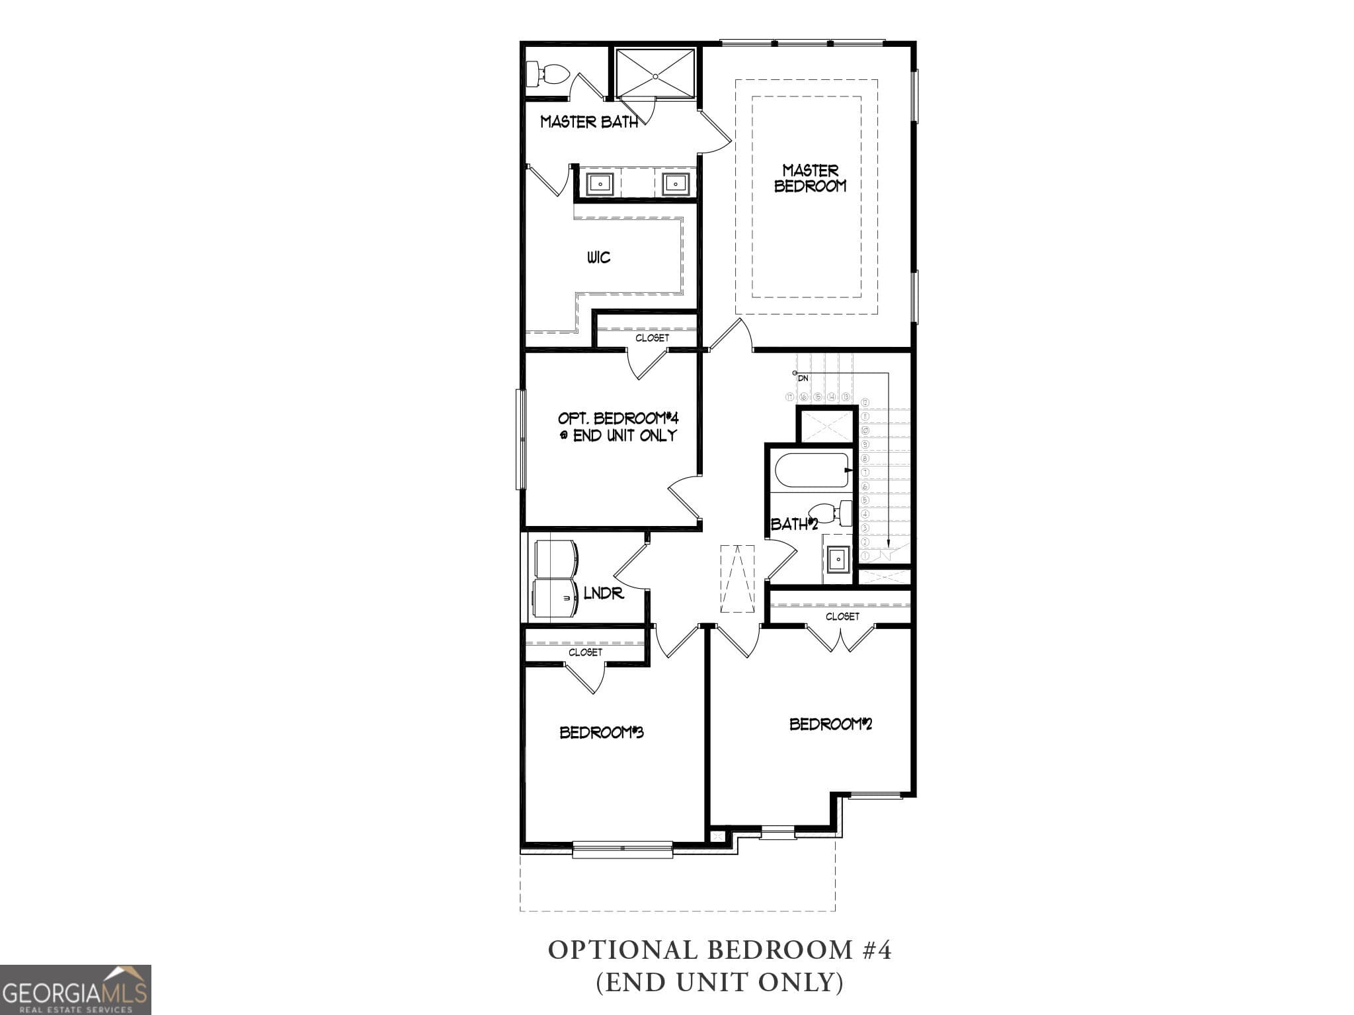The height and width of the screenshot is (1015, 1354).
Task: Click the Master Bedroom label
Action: [810, 178]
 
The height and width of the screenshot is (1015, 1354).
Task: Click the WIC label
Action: [598, 257]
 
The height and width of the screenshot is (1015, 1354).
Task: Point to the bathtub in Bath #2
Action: [813, 470]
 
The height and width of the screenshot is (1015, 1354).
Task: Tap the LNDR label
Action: [604, 593]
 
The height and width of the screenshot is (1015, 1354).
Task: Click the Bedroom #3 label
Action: [602, 732]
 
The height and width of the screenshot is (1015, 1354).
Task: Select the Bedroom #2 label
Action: [830, 724]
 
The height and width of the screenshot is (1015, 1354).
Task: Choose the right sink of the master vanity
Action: [676, 183]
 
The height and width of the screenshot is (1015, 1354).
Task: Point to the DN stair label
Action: [803, 378]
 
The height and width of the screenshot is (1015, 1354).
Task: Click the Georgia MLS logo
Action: [75, 989]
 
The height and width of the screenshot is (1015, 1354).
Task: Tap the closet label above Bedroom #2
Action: [842, 616]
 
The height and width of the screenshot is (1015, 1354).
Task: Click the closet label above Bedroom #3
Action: [585, 652]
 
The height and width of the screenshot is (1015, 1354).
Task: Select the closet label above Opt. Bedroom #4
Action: [652, 338]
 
